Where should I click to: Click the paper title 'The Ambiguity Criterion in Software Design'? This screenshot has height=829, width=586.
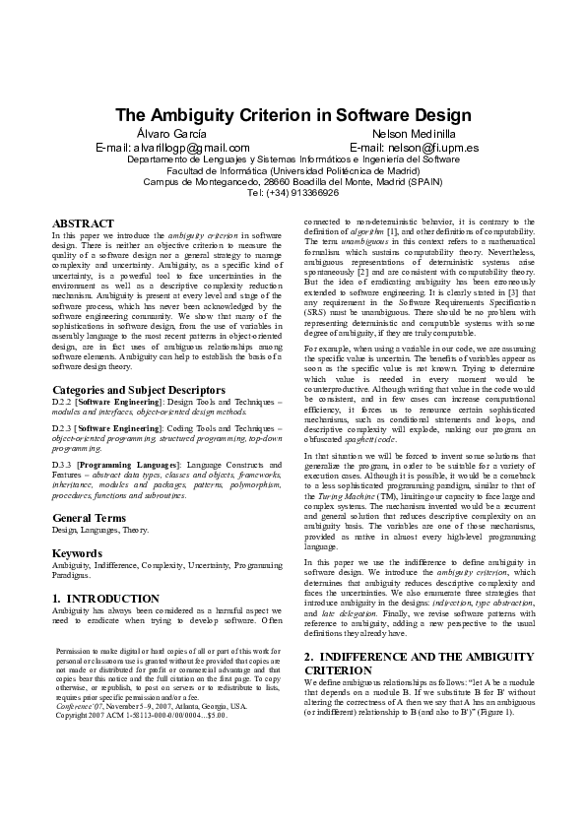[293, 115]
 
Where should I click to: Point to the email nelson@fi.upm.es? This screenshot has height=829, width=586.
[414, 147]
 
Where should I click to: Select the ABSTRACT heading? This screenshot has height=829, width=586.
[83, 224]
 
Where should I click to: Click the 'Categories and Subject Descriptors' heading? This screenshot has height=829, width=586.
[137, 390]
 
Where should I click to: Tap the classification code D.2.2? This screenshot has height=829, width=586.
[63, 402]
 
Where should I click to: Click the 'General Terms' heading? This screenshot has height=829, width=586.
[89, 517]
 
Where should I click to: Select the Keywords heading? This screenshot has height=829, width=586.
[77, 553]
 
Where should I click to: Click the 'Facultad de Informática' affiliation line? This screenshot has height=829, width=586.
[293, 169]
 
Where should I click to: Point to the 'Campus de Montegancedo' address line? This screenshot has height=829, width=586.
[293, 181]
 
